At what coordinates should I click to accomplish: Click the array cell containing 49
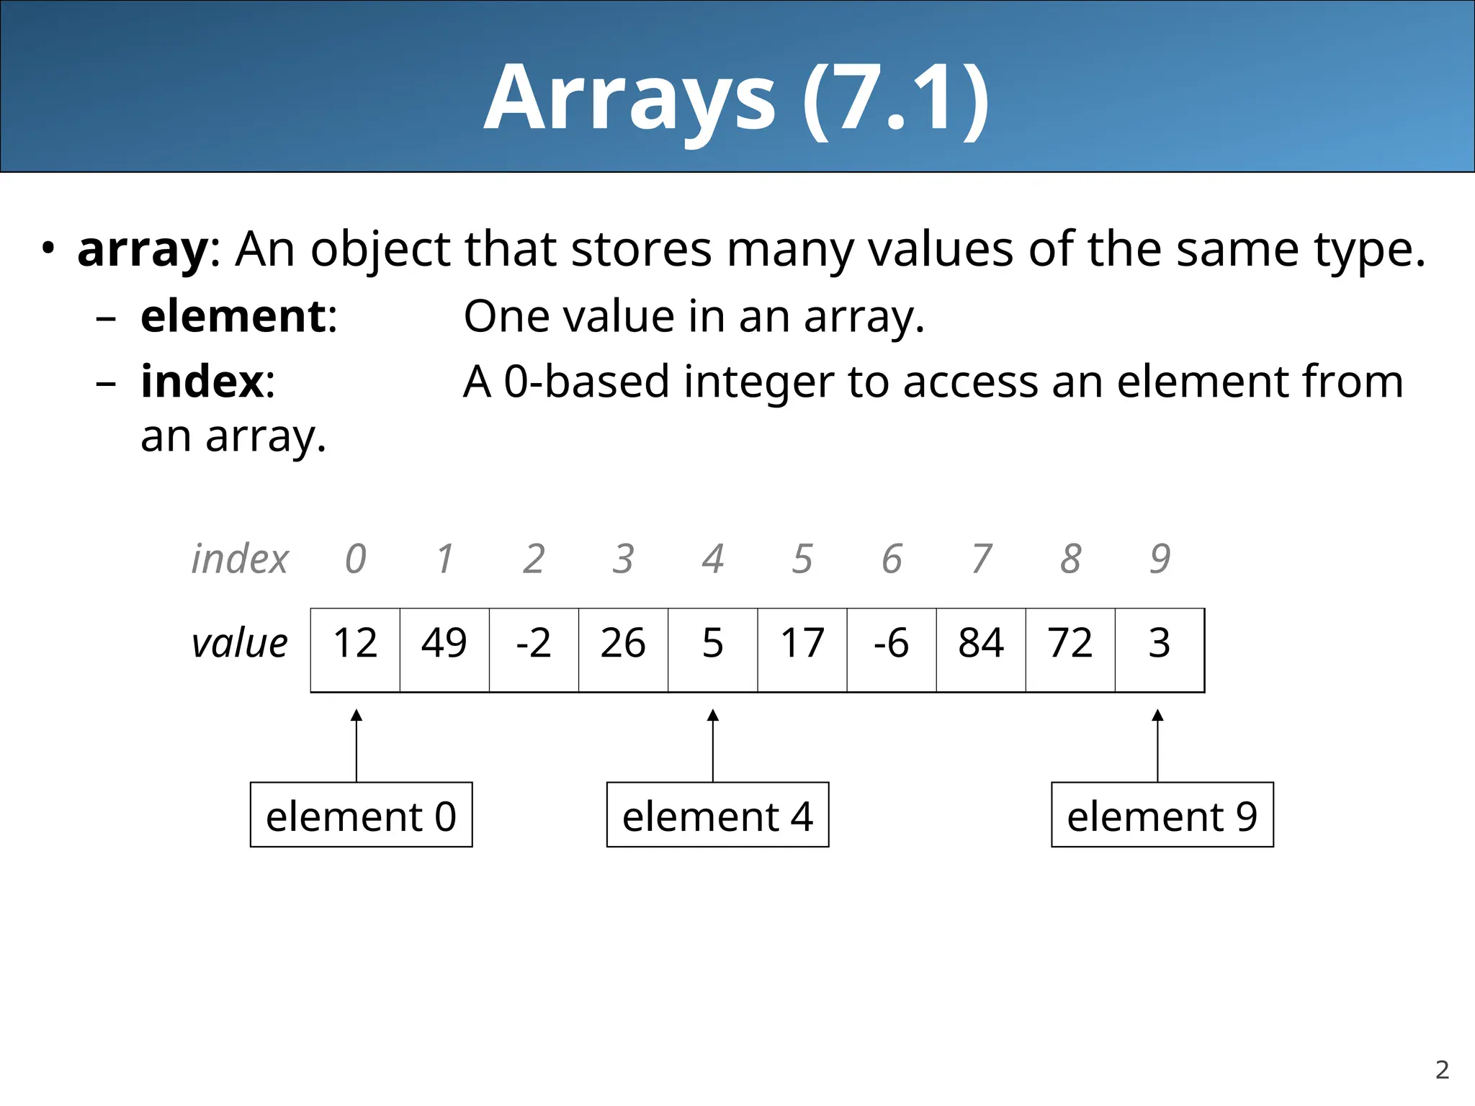tap(444, 649)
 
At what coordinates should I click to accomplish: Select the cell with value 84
tap(981, 649)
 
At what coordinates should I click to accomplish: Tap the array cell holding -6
tap(892, 649)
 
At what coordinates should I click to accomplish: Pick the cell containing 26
tap(623, 649)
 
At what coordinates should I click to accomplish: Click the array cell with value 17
tap(802, 649)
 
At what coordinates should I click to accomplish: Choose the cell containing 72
tap(1070, 649)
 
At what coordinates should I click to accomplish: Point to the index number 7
tap(981, 559)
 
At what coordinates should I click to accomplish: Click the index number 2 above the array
tap(534, 559)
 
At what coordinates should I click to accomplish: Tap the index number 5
tap(802, 559)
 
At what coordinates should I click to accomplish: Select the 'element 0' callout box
tap(361, 814)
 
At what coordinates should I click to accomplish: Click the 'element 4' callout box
tap(717, 814)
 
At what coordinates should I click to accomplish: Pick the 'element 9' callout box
tap(1162, 814)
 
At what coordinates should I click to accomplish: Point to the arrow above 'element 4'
tap(713, 745)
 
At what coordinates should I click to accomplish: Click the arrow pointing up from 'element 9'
tap(1157, 745)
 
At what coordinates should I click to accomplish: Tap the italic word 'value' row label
tap(239, 643)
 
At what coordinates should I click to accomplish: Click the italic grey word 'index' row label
tap(239, 559)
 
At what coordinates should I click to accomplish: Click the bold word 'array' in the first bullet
tap(143, 250)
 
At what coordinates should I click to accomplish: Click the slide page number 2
tap(1442, 1070)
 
